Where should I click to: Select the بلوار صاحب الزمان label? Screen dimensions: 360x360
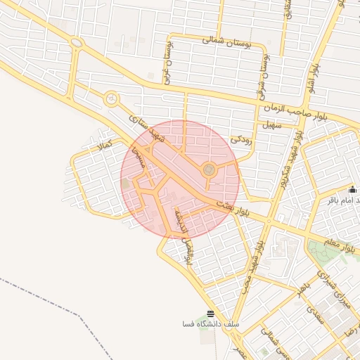(297, 108)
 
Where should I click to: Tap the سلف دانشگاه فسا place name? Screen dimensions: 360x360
(210, 324)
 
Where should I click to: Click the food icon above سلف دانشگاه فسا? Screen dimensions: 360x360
(210, 314)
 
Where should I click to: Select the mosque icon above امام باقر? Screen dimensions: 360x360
(353, 189)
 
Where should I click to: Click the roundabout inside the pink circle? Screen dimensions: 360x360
(208, 169)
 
